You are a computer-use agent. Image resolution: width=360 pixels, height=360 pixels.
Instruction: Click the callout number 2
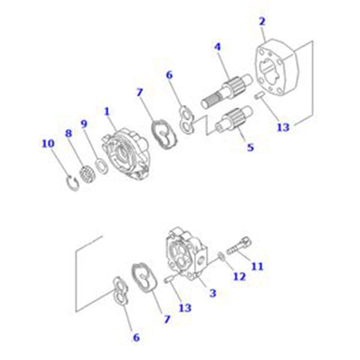point(262,21)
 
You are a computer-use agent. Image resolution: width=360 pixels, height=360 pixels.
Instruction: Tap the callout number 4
point(217,47)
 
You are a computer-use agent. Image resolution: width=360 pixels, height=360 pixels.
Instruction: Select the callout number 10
point(48,144)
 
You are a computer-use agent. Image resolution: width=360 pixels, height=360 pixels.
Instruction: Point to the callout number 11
point(257,266)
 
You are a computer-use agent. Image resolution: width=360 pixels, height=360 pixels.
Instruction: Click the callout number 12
point(240,276)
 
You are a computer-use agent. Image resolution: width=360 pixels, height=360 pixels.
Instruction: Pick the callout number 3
point(213,293)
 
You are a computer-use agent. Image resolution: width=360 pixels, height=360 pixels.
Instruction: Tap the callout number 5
point(250,147)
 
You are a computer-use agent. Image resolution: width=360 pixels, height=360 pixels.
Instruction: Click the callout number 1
point(107,111)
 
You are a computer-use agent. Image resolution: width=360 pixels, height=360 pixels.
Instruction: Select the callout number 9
point(84,124)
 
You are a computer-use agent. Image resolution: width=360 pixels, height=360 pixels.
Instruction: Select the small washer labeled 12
point(221,255)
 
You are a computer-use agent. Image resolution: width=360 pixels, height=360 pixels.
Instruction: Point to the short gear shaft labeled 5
point(234,119)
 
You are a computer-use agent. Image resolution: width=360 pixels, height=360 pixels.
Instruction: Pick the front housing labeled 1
point(125,154)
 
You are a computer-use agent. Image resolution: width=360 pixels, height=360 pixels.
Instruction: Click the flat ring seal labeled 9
point(101,166)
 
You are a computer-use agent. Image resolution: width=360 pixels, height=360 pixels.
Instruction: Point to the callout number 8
point(69,133)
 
